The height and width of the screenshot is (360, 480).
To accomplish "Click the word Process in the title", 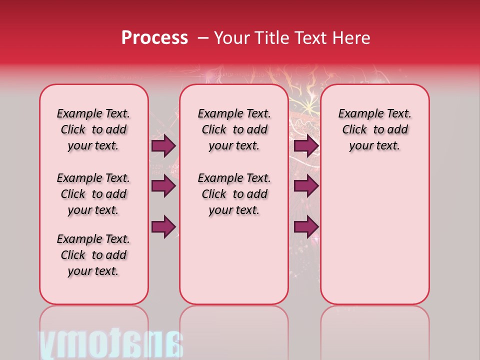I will [154, 37].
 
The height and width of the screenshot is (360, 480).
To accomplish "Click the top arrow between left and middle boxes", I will [163, 145].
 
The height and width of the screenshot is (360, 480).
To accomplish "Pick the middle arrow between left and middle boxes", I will [163, 186].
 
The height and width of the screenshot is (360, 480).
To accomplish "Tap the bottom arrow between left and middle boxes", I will [163, 227].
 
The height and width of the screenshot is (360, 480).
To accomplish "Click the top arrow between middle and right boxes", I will [306, 145].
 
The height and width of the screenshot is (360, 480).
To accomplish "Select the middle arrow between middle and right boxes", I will [306, 186].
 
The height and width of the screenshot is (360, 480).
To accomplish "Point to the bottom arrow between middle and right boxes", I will [306, 227].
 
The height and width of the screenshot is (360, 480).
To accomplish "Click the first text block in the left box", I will [93, 129].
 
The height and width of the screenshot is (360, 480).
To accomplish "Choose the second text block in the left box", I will [93, 194].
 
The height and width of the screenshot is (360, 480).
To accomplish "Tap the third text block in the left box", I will [93, 255].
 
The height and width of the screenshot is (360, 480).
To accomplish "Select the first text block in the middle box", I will [234, 129].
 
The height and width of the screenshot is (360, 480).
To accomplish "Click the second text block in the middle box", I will [234, 194].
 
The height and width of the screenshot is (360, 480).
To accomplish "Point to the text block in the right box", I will [374, 129].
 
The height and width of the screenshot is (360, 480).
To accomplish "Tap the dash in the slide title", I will [203, 37].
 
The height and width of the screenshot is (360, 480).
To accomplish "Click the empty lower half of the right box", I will [374, 240].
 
